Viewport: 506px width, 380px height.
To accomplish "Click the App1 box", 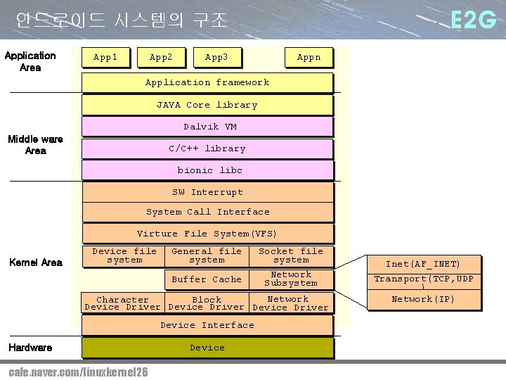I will click(105, 57).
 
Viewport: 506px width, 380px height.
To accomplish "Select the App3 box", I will click(216, 57).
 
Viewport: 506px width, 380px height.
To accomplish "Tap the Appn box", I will click(309, 57).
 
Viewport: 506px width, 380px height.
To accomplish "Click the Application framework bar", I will click(207, 82).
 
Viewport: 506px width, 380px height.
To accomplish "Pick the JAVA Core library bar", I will click(207, 105).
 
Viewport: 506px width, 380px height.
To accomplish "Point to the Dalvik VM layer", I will click(207, 127).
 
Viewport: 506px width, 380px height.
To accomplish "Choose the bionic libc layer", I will click(207, 170).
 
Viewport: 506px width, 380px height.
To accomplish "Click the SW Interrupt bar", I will click(207, 192).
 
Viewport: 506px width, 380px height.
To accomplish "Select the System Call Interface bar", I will click(207, 212).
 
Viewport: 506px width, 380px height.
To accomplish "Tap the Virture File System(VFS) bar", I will click(207, 234).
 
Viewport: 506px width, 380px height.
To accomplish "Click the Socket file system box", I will click(291, 255).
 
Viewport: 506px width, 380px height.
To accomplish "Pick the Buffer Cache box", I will click(207, 279).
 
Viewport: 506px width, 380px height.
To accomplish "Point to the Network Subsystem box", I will click(291, 279).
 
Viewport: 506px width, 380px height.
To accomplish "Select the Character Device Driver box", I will click(122, 303).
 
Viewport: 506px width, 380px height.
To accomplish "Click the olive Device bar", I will click(207, 348).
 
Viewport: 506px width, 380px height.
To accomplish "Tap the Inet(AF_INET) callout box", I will click(423, 264).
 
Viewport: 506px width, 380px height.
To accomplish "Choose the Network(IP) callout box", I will click(423, 299).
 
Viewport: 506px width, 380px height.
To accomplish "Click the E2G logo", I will click(473, 21).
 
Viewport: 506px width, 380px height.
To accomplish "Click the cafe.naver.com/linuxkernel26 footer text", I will click(78, 372).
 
